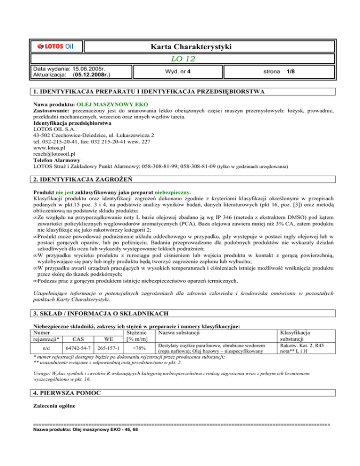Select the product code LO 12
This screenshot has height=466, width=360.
coord(180,59)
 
